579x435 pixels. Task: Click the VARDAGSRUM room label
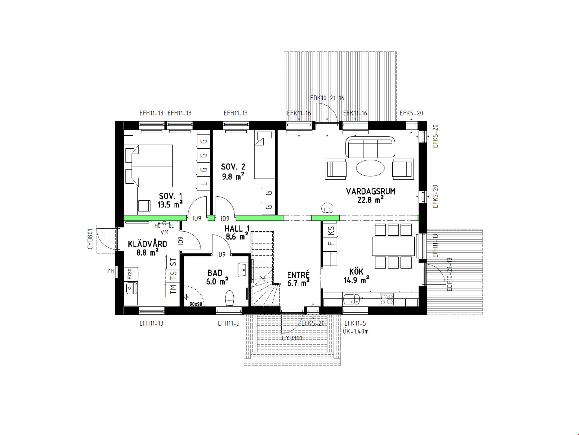point(371,191)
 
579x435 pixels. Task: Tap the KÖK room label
point(356,272)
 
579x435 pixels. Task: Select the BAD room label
point(215,273)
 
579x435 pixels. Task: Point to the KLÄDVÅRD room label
point(147,244)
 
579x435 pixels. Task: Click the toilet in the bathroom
point(229,298)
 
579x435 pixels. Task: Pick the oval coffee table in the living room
point(370,168)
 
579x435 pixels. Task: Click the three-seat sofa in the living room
point(370,147)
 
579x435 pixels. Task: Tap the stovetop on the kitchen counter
point(387,299)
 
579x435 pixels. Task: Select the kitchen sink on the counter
point(352,299)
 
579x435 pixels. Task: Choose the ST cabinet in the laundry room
point(173,262)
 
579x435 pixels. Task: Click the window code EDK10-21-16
point(327,98)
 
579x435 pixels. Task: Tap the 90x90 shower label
point(196,304)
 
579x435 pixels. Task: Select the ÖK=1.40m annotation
point(356,331)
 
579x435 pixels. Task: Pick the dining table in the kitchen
point(393,246)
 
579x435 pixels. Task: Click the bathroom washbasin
point(242,270)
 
